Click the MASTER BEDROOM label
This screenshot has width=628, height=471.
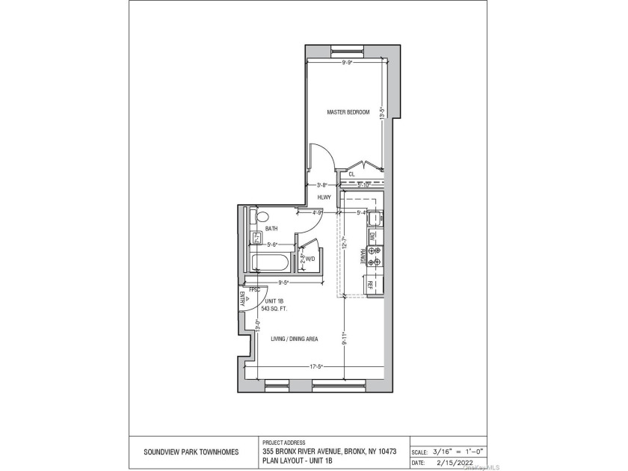[348, 112]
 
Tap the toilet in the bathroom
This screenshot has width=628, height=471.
[260, 218]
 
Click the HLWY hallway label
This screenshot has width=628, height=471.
[324, 197]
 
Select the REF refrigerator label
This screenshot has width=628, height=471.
[370, 284]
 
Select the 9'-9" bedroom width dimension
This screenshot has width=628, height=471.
[347, 64]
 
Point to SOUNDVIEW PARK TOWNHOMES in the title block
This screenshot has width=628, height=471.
[191, 452]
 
